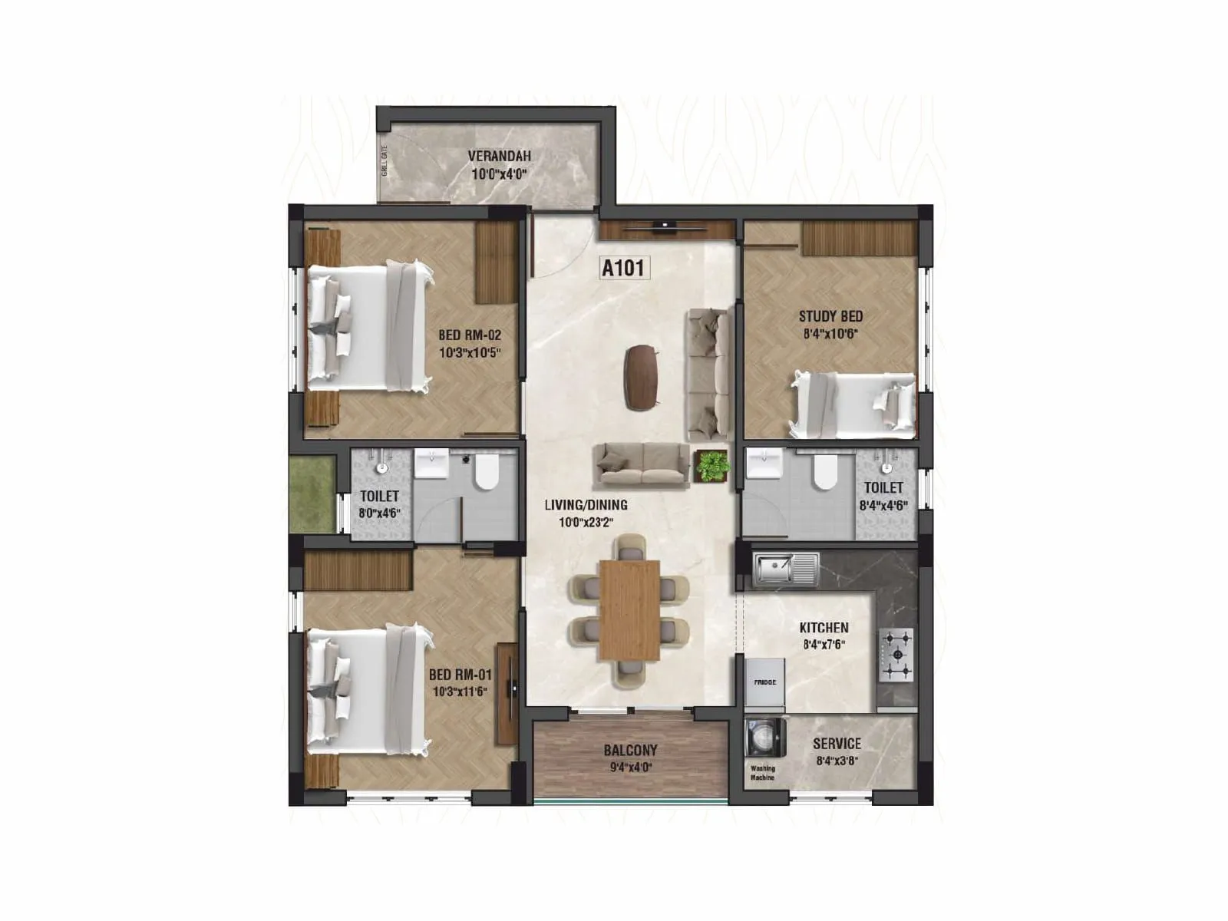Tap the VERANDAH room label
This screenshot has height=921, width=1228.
(499, 156)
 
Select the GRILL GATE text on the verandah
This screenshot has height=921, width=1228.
(385, 161)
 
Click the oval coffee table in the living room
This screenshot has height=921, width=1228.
(642, 377)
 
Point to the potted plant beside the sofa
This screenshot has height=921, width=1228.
(711, 466)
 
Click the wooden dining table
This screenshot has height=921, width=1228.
(629, 609)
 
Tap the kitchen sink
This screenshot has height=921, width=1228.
(785, 569)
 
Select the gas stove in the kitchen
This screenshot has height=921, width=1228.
(896, 655)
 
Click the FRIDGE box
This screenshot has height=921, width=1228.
(764, 682)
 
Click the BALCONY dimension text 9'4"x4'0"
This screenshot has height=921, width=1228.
(629, 767)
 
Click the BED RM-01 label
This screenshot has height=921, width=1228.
(460, 675)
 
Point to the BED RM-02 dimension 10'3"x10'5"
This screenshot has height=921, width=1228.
(470, 353)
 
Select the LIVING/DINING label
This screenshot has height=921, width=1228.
(586, 504)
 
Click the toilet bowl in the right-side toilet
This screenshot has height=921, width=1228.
(825, 472)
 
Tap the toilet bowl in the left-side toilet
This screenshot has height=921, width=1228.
(487, 471)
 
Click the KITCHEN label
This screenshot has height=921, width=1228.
(824, 627)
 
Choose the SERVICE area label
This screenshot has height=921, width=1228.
(837, 743)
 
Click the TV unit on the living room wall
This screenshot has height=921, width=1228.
(665, 228)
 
